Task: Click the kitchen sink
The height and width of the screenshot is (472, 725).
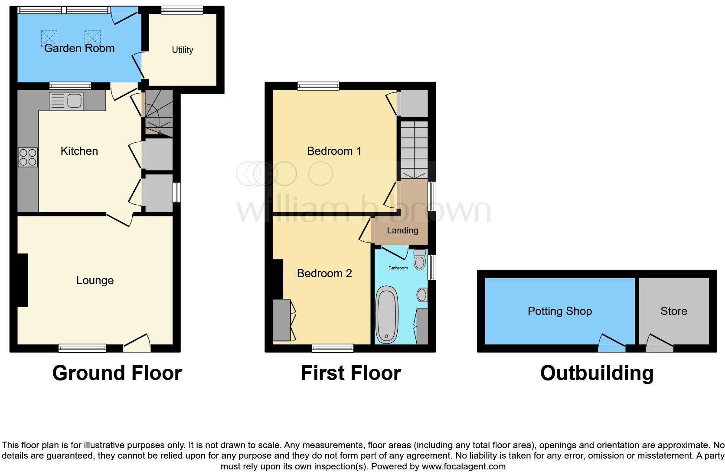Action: point(66,101)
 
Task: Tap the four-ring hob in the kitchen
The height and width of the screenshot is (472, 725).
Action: point(28,157)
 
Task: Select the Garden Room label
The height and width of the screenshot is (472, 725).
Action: point(79,48)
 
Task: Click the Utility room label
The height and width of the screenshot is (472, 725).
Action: point(182,50)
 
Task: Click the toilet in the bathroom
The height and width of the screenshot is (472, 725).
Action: point(419,260)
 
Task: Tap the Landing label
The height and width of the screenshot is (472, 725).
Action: point(402,230)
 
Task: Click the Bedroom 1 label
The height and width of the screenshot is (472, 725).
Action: point(334,151)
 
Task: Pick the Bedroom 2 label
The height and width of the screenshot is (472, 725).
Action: point(324,273)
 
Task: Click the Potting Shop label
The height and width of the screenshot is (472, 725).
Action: point(559,311)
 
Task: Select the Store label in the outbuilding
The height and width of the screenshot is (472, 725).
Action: point(673,311)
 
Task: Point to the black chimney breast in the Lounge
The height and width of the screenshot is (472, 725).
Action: point(22,280)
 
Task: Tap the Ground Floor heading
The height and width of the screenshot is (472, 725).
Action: point(117,373)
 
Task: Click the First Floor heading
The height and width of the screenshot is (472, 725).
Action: point(350,373)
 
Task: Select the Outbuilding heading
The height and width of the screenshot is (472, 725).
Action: point(597,373)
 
